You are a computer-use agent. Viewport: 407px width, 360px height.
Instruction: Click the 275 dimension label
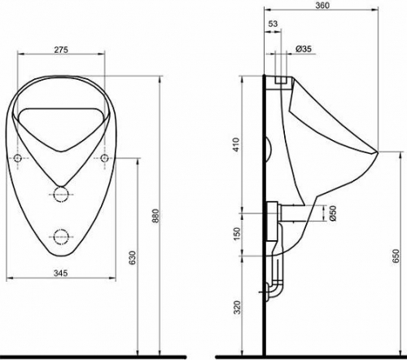point(61,50)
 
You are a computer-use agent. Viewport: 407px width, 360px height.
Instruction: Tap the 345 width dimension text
point(60,273)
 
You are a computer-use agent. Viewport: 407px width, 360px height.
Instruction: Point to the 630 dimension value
point(132,258)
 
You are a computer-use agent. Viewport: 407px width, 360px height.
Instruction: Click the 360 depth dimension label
point(322,5)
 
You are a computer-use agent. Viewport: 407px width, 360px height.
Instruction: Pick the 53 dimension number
point(273,24)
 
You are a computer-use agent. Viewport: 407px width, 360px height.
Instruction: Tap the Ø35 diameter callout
point(304,49)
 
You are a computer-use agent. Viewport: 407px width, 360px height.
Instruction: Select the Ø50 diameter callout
point(333,213)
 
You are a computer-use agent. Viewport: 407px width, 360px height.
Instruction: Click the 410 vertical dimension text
point(236,144)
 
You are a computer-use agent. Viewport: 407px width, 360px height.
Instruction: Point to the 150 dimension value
point(237,234)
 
